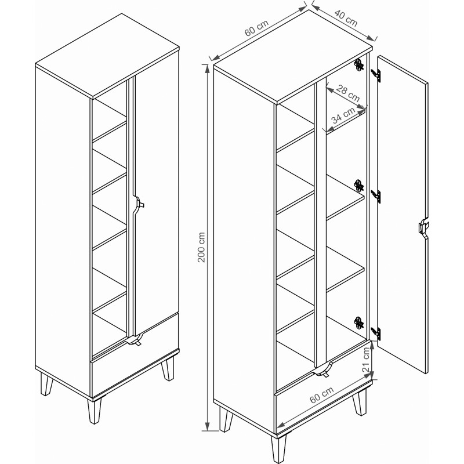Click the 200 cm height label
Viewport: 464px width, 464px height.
pos(201,248)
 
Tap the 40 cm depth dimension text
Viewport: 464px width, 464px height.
pos(346,18)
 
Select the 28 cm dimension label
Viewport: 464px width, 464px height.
pos(348,93)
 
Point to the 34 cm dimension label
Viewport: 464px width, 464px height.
pos(343,115)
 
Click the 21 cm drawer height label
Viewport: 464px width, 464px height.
pos(366,360)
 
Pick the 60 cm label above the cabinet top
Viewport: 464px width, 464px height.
pos(256,28)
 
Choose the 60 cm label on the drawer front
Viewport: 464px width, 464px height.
pos(322,395)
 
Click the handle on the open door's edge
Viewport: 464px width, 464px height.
pos(423,228)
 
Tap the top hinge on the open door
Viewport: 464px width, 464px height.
pos(376,75)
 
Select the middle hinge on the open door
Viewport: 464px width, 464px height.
pos(376,197)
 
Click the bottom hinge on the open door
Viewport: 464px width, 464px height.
pos(376,333)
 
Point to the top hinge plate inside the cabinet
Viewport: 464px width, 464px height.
pos(359,65)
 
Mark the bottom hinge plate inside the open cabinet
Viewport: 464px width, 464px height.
pos(359,322)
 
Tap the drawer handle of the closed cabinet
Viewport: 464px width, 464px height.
pos(134,340)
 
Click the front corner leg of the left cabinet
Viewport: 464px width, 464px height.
pos(94,411)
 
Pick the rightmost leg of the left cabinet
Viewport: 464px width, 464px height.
pos(168,368)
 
